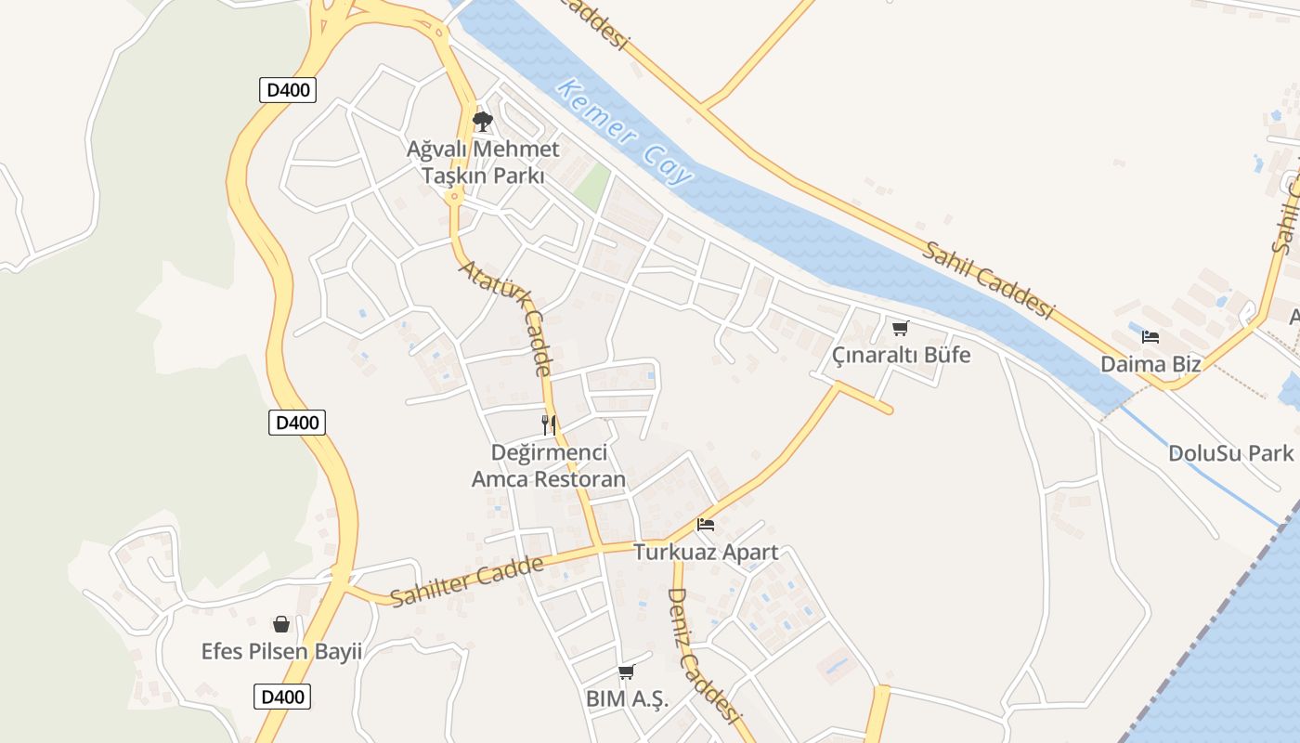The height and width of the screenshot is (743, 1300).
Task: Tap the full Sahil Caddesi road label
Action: (989, 280)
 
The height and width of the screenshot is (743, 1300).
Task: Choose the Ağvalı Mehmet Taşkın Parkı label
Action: (483, 162)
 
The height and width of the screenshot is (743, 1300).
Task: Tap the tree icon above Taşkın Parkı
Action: (482, 122)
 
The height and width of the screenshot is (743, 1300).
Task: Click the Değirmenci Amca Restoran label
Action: (549, 466)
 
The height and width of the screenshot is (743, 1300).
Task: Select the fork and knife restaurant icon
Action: (549, 425)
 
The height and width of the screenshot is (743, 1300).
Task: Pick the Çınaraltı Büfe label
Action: (901, 355)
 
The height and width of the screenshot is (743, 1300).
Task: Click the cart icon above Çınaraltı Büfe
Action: (900, 328)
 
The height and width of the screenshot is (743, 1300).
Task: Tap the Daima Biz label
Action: (1150, 363)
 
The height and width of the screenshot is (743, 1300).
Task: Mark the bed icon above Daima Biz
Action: (1150, 336)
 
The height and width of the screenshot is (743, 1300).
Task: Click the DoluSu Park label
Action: (1230, 453)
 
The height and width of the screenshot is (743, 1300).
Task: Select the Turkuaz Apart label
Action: (706, 552)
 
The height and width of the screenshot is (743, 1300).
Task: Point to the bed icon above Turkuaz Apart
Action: (706, 525)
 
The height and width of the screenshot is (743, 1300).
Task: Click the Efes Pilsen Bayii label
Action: (281, 651)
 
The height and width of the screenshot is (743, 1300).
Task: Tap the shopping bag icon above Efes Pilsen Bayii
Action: (281, 624)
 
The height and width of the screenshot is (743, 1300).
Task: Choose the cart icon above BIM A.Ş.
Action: (627, 671)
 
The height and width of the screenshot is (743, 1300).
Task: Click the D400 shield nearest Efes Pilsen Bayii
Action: (282, 697)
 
